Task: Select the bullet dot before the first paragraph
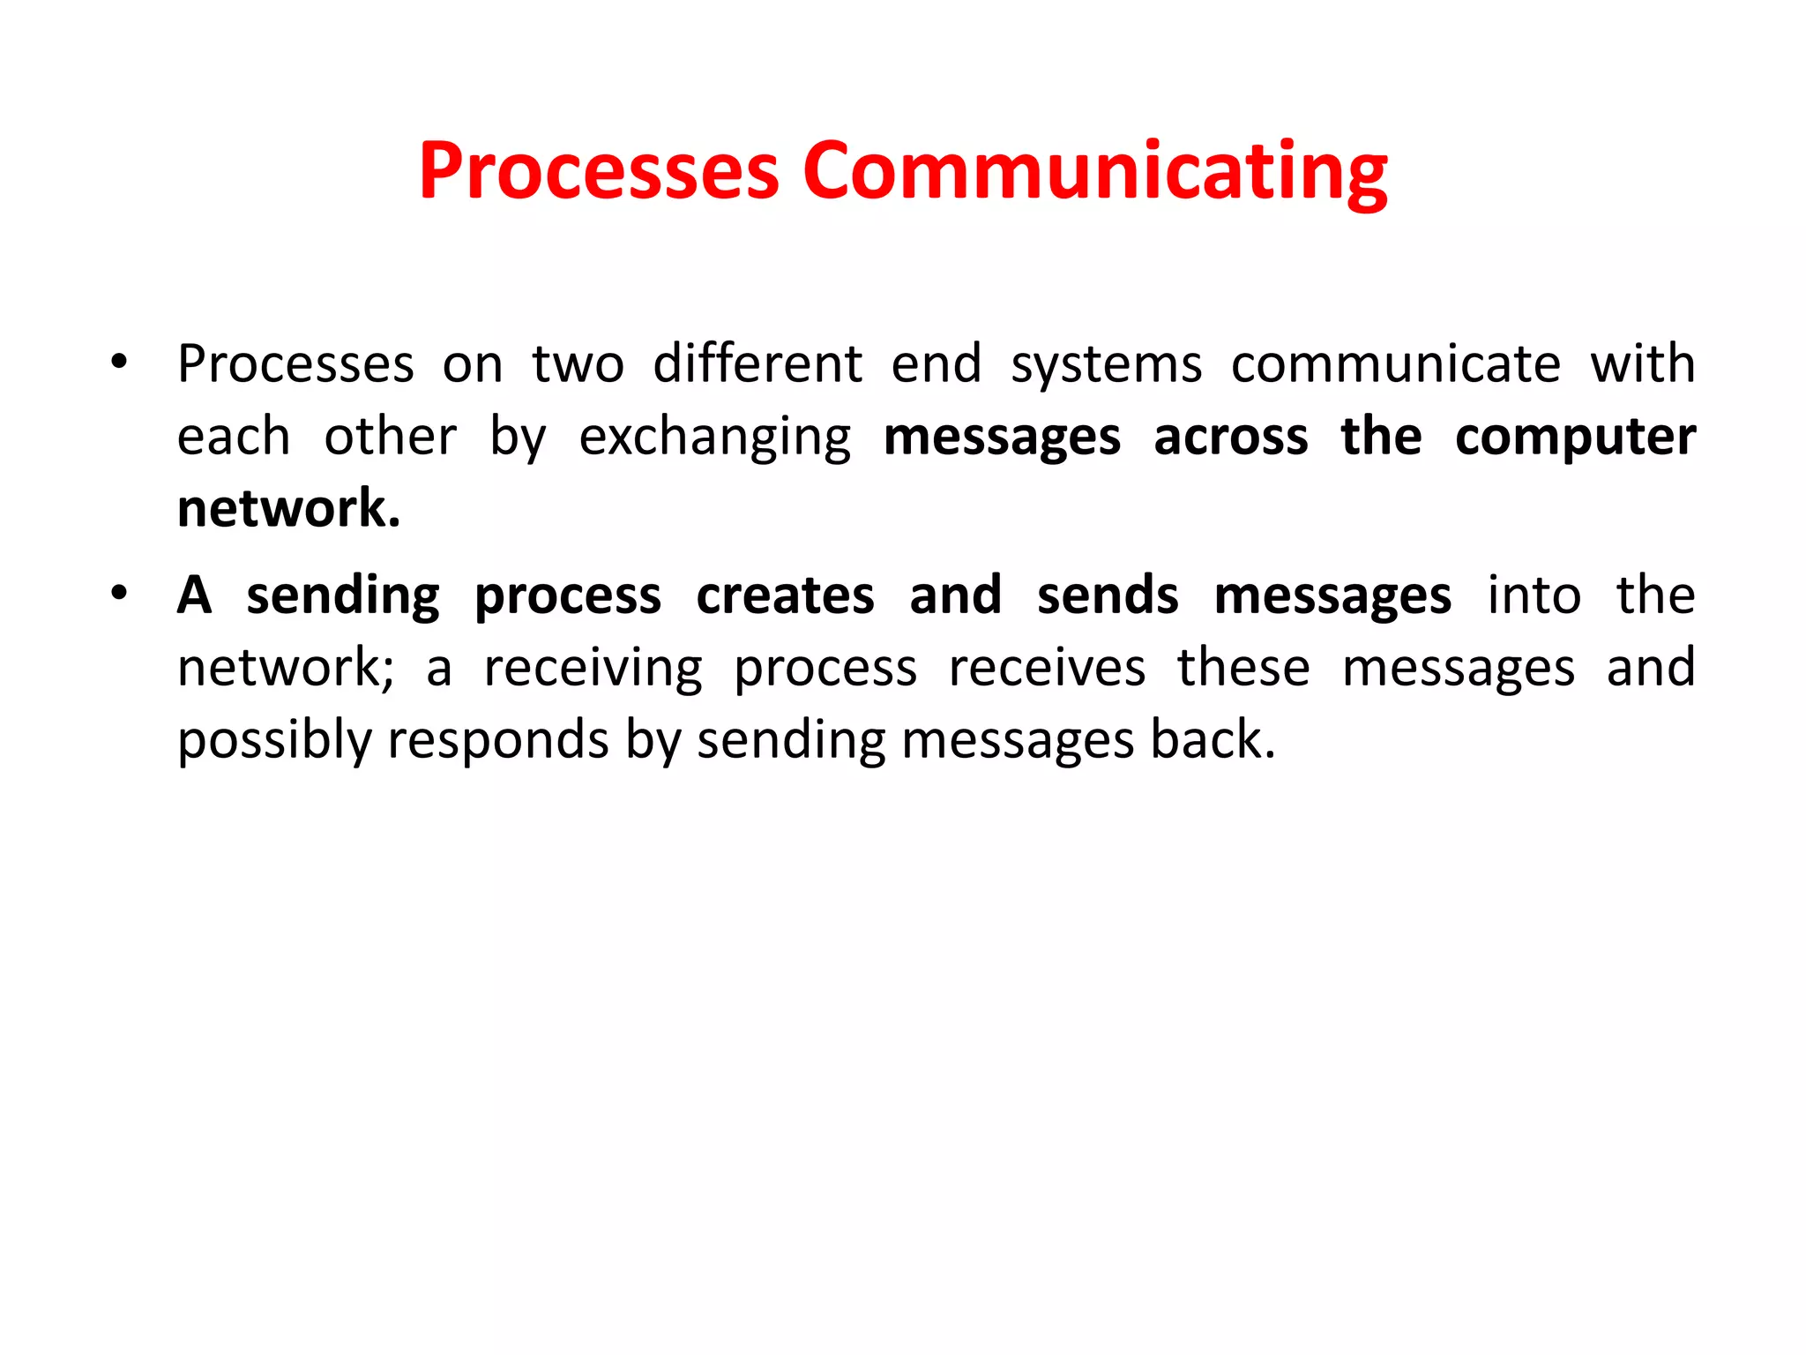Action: (119, 361)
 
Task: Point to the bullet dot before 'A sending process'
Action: (119, 592)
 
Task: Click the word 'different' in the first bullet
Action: (757, 363)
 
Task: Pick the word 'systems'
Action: (1106, 365)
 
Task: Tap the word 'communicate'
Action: (1396, 363)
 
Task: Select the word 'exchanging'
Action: (715, 438)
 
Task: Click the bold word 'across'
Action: (1231, 438)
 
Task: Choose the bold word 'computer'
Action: (1575, 438)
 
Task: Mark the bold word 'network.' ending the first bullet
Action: (289, 509)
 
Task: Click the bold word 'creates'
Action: (785, 595)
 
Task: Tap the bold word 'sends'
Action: (1108, 595)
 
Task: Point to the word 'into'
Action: (1534, 595)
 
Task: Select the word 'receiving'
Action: (593, 669)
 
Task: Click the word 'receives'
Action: (1047, 668)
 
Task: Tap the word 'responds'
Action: (498, 741)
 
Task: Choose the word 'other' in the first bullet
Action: (391, 438)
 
